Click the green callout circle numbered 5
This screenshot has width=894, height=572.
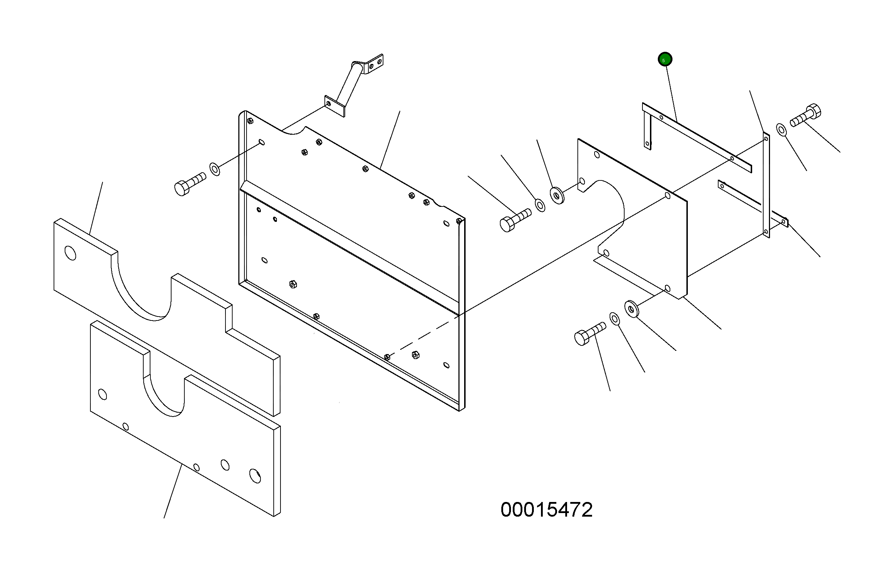point(665,59)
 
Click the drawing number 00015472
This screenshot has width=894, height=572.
point(546,509)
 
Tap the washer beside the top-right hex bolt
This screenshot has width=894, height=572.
point(781,130)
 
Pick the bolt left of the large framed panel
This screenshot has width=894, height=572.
point(189,184)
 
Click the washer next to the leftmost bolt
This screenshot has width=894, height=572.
point(215,169)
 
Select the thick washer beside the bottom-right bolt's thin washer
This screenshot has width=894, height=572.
point(631,309)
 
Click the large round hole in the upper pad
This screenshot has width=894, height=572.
point(70,253)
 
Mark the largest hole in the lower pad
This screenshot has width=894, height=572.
point(255,476)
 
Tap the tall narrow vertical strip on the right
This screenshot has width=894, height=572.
point(766,186)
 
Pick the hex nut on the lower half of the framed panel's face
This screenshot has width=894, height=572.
point(293,284)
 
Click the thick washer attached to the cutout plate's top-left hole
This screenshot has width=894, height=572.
point(557,195)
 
